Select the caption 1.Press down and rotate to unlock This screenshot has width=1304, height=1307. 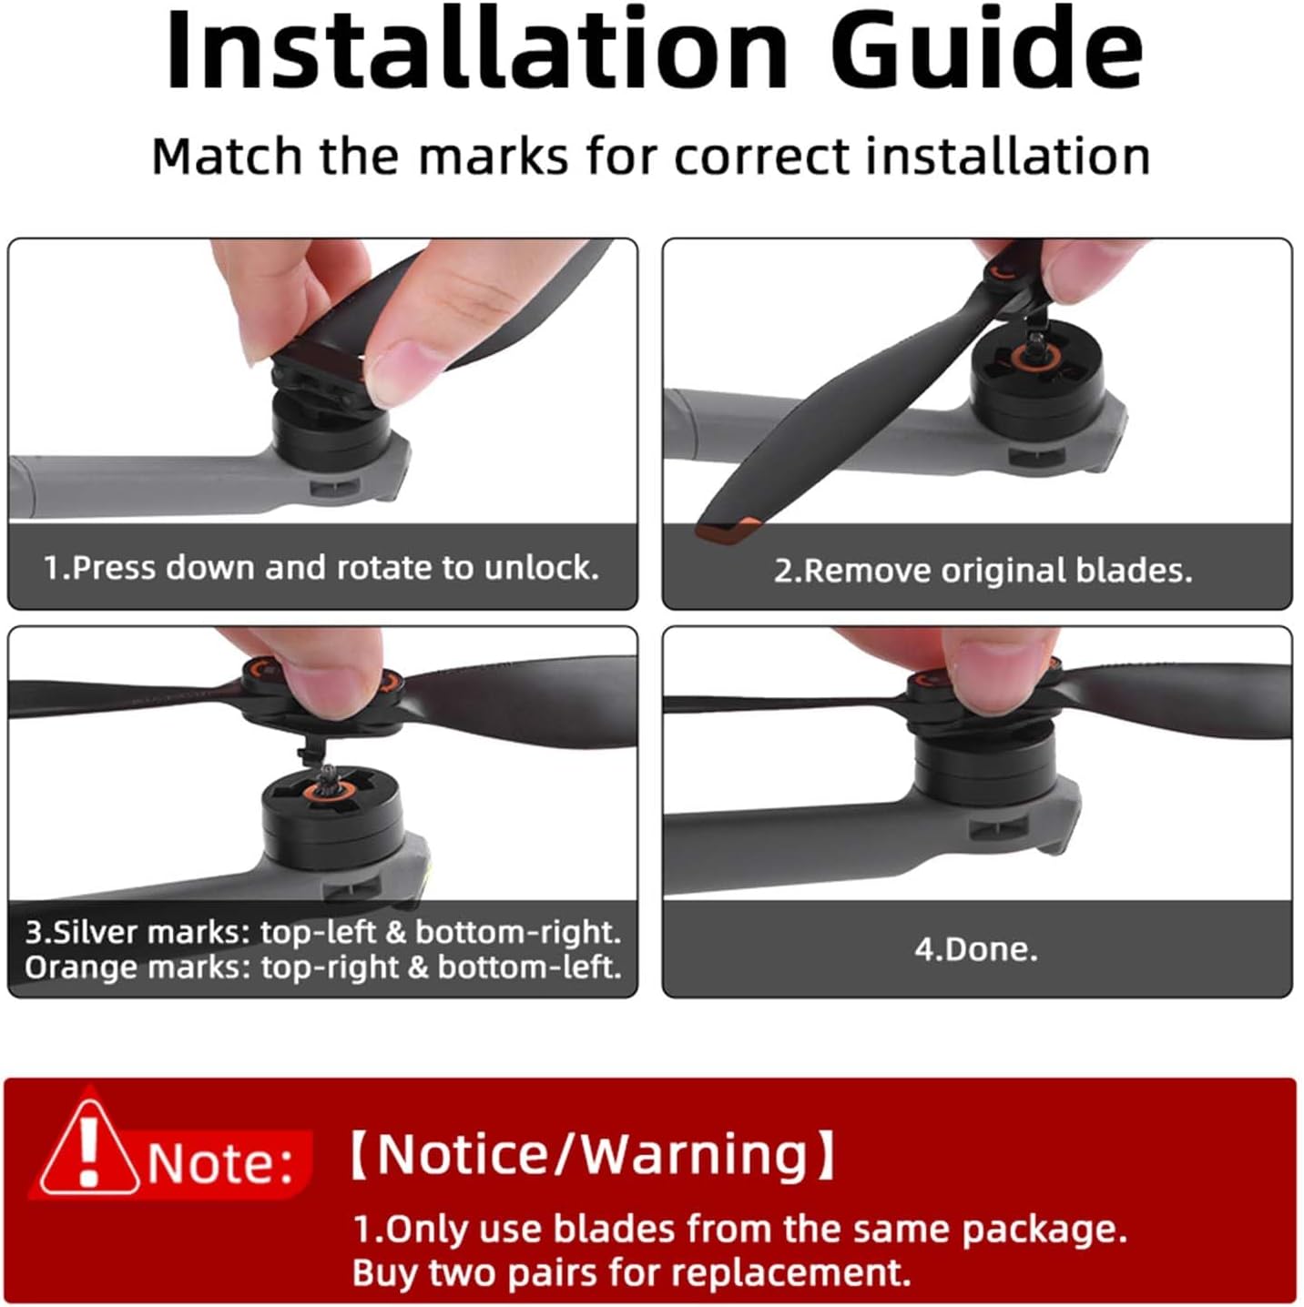[321, 567]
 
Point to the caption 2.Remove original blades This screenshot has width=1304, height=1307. [983, 571]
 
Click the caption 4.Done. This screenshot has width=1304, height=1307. [976, 949]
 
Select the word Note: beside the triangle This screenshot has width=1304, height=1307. [220, 1164]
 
